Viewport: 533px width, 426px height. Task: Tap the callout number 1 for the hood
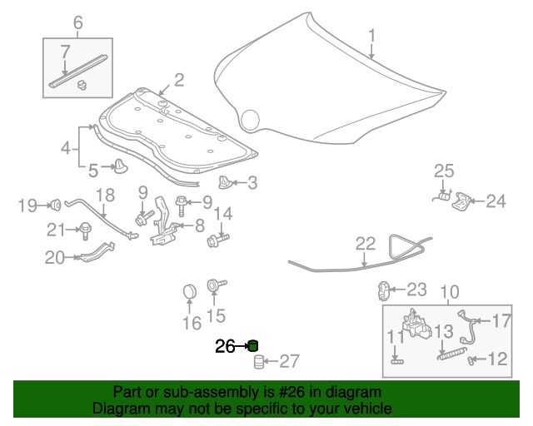[x=372, y=36]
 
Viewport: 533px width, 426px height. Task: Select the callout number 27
[x=288, y=361]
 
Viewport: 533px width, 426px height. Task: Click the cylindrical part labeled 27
[x=259, y=362]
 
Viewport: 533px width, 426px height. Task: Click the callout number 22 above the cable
[x=366, y=244]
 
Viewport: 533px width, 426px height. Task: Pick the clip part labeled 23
[x=385, y=290]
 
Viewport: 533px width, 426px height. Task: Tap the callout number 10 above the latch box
[x=449, y=293]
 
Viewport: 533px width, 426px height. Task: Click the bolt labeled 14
[x=216, y=240]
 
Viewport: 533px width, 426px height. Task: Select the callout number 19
[x=28, y=205]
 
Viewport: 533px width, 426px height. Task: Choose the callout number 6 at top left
[x=78, y=22]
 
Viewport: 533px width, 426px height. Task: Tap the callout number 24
[x=496, y=201]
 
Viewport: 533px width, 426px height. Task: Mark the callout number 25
[x=444, y=171]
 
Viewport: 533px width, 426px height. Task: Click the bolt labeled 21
[x=85, y=230]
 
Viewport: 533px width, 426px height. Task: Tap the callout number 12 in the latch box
[x=497, y=359]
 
